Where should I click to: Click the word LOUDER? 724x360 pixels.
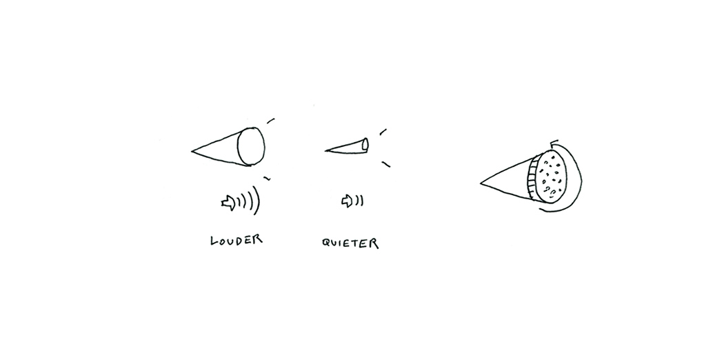tap(237, 240)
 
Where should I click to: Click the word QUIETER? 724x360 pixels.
tap(350, 243)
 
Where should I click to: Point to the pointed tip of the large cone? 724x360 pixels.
tap(192, 151)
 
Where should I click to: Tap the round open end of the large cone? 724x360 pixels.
tap(251, 146)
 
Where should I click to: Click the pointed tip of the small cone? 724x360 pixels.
tap(326, 150)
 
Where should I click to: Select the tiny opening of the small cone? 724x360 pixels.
tap(365, 144)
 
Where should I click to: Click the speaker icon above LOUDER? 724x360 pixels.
tap(228, 202)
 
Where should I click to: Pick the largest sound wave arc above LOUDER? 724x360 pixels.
tap(257, 200)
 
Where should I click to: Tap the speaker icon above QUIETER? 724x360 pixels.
tap(346, 201)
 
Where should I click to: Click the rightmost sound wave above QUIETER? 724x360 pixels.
tap(361, 201)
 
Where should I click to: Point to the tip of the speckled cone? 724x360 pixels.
tap(481, 183)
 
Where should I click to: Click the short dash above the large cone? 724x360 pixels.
tap(270, 121)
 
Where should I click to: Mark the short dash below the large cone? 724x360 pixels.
tap(267, 178)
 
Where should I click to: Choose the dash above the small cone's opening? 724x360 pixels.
tap(383, 132)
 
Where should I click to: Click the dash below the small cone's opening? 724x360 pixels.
tap(386, 164)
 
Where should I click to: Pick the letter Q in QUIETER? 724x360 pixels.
tap(326, 243)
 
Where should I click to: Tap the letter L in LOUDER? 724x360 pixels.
tap(213, 241)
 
